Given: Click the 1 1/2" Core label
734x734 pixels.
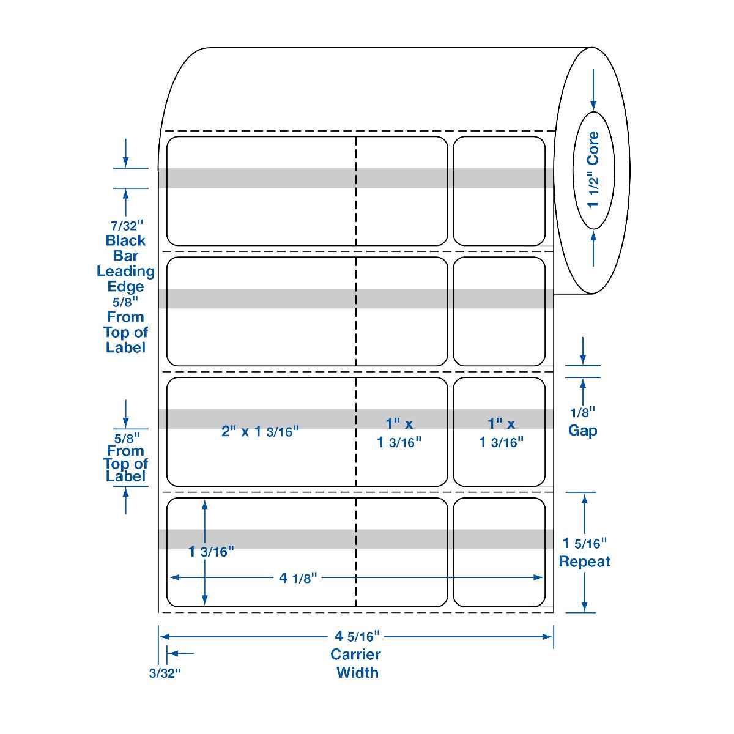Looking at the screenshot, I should [592, 170].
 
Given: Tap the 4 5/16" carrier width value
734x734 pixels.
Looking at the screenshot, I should [358, 637].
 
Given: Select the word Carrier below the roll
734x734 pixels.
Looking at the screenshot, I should [355, 654].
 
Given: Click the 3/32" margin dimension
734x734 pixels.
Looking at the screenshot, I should [165, 674].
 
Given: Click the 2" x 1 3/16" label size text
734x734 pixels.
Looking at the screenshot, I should [260, 431].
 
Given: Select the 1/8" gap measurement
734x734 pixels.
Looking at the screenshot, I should [582, 413].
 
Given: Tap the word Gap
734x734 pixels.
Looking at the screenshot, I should [582, 431].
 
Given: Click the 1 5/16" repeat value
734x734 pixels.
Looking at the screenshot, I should [585, 543].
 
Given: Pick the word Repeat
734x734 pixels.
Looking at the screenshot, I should [585, 562].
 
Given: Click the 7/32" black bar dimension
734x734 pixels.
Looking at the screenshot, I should [125, 224].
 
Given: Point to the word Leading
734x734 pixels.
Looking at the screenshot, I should [125, 271].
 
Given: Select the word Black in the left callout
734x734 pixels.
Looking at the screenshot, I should [125, 240].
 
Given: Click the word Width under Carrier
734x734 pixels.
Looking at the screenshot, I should [358, 673].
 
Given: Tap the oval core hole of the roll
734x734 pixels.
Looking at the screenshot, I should [592, 170].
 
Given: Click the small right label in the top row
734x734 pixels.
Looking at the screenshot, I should [499, 191].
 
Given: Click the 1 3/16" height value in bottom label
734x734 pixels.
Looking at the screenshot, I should [211, 552].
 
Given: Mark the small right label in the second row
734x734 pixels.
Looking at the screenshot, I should [499, 311].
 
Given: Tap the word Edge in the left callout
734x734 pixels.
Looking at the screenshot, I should [125, 286].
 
